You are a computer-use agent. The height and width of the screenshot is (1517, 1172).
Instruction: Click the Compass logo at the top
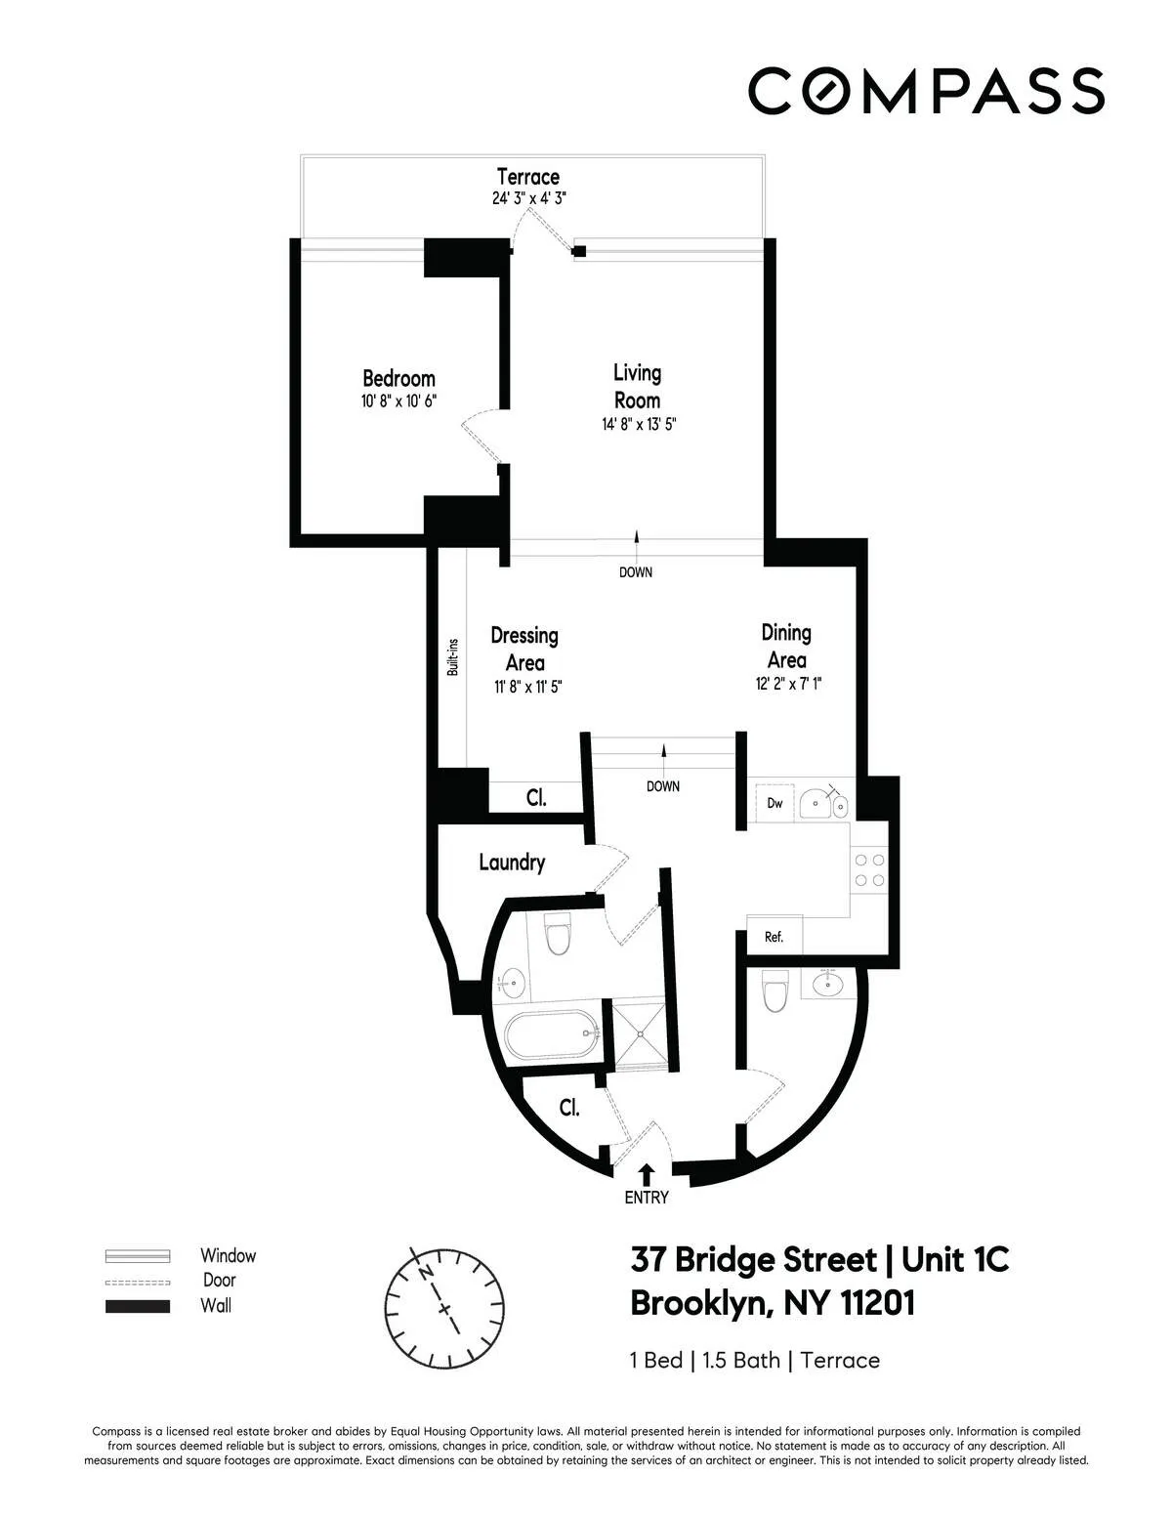click(926, 91)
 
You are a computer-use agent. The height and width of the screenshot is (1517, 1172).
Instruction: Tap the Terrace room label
click(527, 177)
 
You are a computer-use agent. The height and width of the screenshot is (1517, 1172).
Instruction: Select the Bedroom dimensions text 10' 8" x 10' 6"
click(398, 401)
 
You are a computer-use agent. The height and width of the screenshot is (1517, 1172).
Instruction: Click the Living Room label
click(637, 386)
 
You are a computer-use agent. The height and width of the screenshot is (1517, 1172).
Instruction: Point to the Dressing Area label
click(524, 649)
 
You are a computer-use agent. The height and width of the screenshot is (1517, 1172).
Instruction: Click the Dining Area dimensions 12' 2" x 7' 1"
click(787, 685)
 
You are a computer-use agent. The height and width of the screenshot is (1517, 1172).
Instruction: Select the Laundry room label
click(512, 863)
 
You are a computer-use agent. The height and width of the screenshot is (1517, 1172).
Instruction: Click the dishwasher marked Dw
click(774, 803)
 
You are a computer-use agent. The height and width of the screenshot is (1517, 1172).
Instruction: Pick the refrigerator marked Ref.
click(774, 937)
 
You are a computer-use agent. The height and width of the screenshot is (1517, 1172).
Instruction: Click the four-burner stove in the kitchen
click(869, 870)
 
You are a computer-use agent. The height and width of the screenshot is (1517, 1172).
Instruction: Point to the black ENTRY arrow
click(646, 1173)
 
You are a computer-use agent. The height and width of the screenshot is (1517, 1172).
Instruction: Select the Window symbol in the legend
click(138, 1256)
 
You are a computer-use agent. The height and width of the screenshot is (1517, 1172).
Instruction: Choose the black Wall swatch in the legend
click(138, 1306)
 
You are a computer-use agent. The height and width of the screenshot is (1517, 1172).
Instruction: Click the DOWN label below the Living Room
click(636, 572)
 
